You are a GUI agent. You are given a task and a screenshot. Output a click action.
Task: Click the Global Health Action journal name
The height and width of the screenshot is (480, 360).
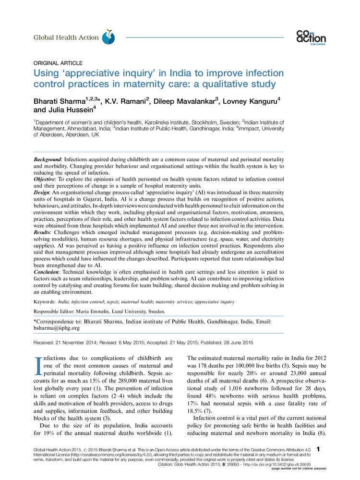pos(66,37)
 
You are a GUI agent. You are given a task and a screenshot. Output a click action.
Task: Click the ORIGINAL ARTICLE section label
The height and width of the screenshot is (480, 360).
pos(58,63)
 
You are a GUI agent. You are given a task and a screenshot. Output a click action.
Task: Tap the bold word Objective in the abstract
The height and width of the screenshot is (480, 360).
pos(46,178)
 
